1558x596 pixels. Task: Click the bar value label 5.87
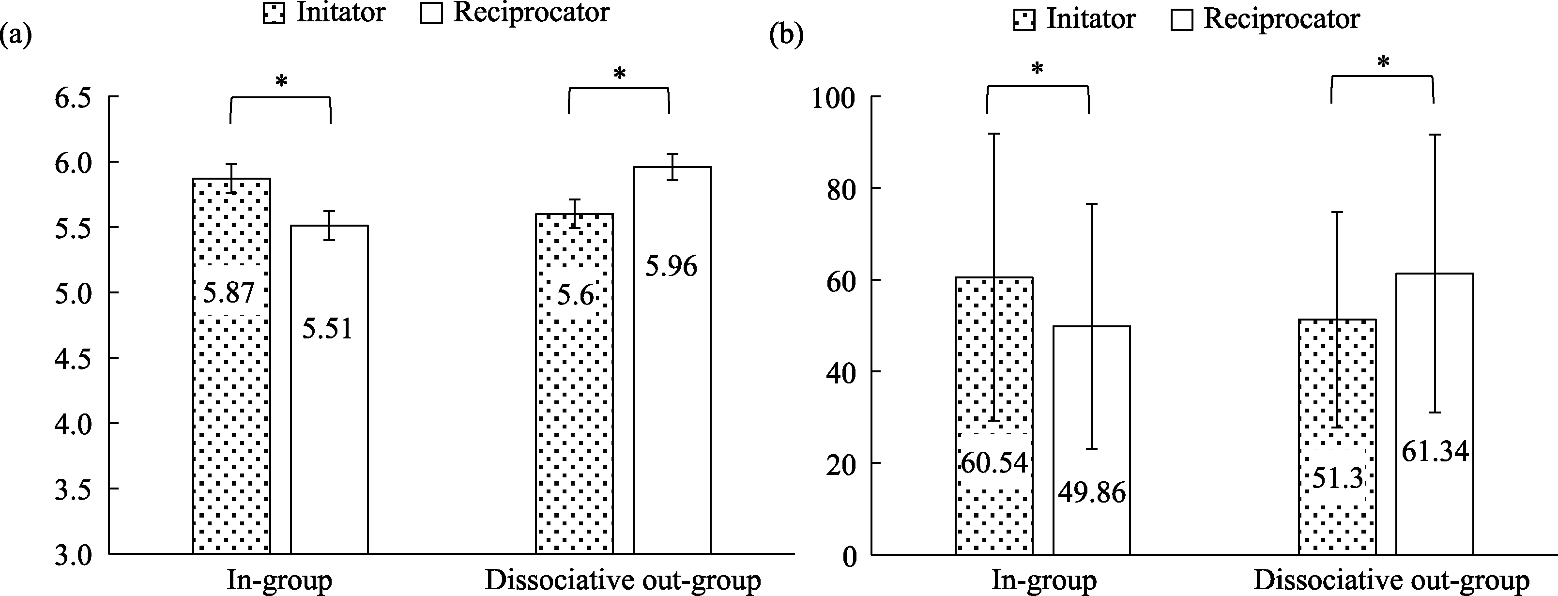coord(229,293)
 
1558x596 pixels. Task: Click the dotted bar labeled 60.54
coord(993,363)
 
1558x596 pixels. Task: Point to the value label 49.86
coord(1092,493)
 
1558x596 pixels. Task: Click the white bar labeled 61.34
coord(1434,363)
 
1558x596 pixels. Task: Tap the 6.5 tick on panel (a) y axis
coord(73,98)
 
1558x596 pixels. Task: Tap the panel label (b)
coord(786,36)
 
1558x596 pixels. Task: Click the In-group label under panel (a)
coord(279,581)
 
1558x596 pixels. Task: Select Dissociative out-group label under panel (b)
coord(1391,581)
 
